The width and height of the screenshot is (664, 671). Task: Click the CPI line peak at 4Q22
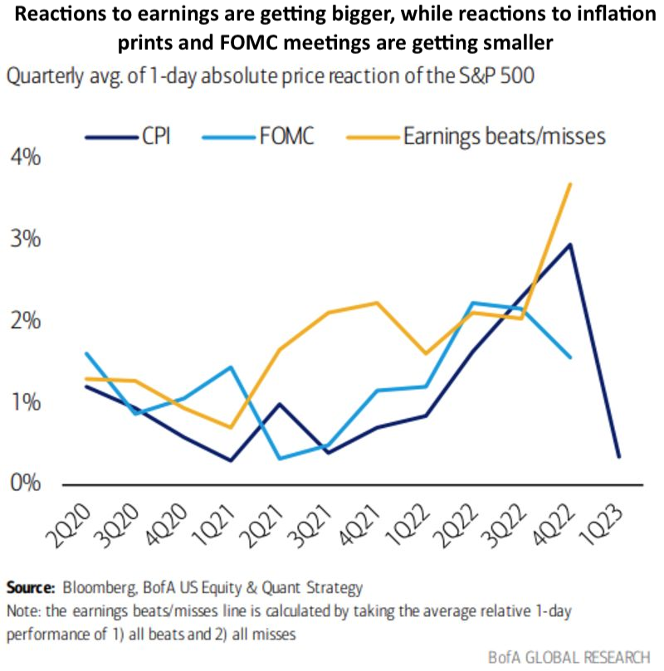tap(569, 244)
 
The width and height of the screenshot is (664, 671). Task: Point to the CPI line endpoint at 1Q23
tap(618, 456)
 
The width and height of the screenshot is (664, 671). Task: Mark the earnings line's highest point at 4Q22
tap(569, 183)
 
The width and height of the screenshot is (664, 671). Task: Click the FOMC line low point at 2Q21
tap(277, 459)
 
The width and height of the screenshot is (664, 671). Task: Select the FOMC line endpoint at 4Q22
tap(569, 357)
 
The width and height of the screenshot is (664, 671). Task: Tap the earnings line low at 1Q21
tap(229, 428)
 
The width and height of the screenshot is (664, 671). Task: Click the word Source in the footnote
tap(30, 588)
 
